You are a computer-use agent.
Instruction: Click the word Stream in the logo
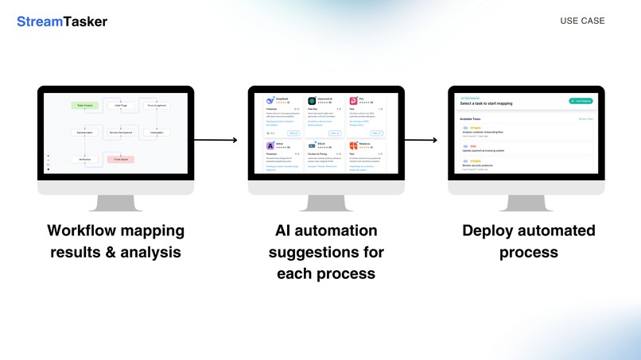40,21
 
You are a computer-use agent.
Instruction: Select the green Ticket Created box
84,105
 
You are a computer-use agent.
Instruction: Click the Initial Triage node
122,105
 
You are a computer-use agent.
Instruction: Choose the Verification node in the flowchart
84,160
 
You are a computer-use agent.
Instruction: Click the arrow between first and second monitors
216,141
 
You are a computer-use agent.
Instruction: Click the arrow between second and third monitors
421,141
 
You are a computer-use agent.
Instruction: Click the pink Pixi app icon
353,101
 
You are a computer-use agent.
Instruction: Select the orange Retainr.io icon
353,146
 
